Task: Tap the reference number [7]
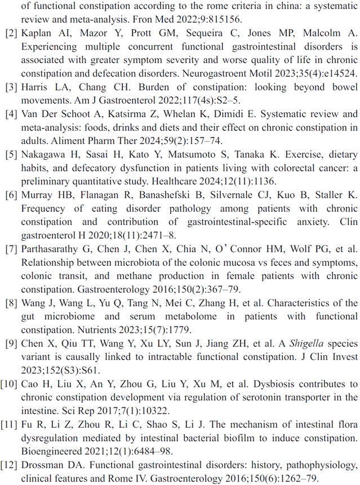click(x=12, y=249)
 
